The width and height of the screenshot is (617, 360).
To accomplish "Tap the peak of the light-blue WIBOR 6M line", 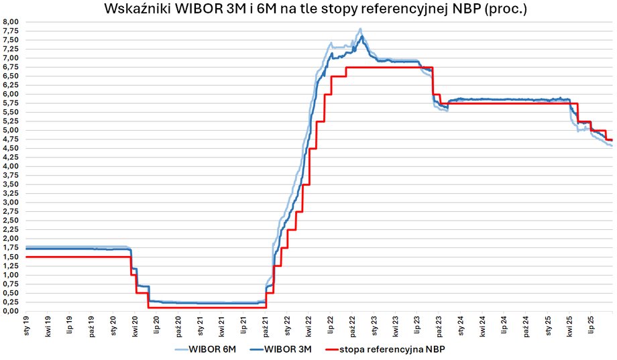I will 361,29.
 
